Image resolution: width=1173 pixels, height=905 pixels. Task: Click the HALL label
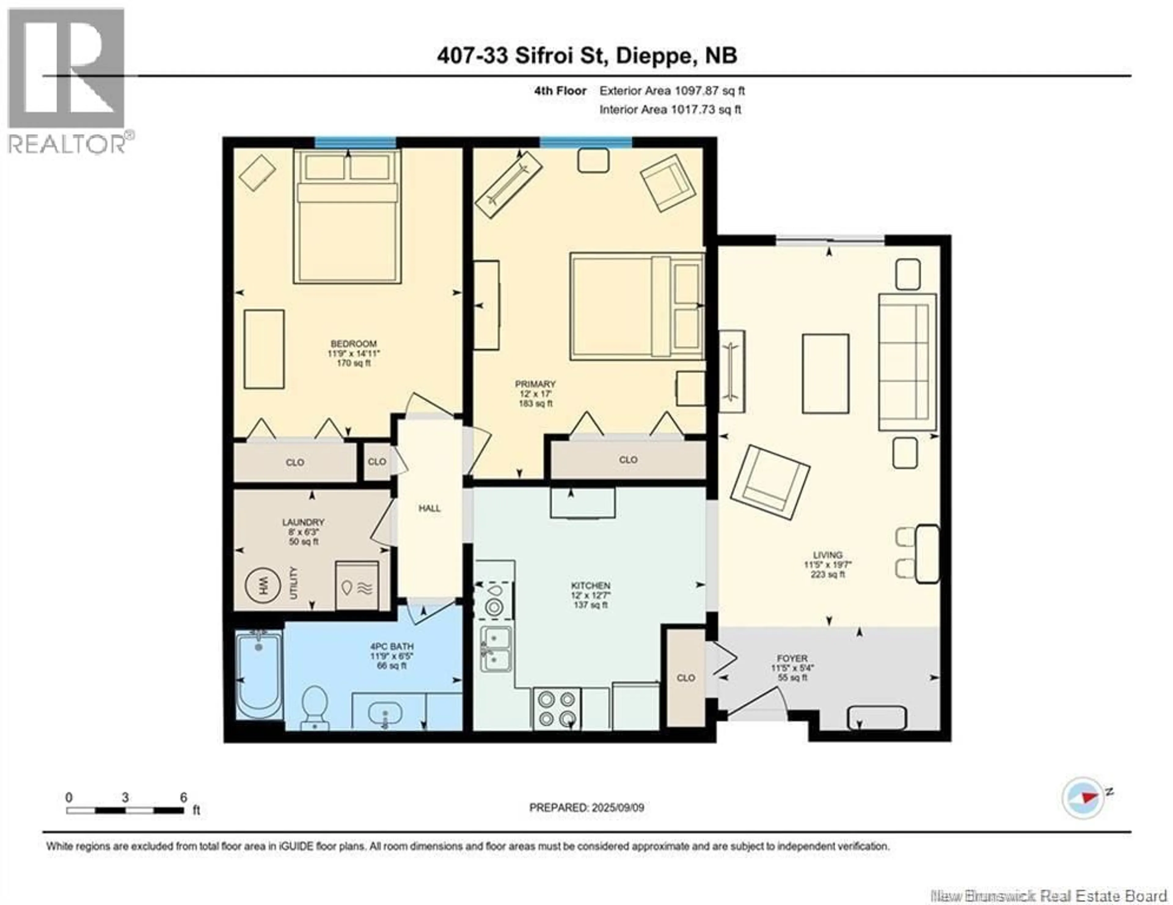[430, 508]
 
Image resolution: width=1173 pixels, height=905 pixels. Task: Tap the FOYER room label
[792, 658]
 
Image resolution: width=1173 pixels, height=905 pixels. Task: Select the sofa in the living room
[907, 362]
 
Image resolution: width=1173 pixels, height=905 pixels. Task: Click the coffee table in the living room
[825, 374]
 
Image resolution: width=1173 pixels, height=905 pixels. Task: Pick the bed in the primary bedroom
[637, 306]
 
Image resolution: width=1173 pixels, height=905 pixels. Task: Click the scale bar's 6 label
[183, 798]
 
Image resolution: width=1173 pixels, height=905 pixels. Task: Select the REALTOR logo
[67, 81]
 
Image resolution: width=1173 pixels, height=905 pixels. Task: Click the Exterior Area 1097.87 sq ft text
[672, 91]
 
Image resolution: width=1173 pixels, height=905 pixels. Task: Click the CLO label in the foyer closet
[686, 678]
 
